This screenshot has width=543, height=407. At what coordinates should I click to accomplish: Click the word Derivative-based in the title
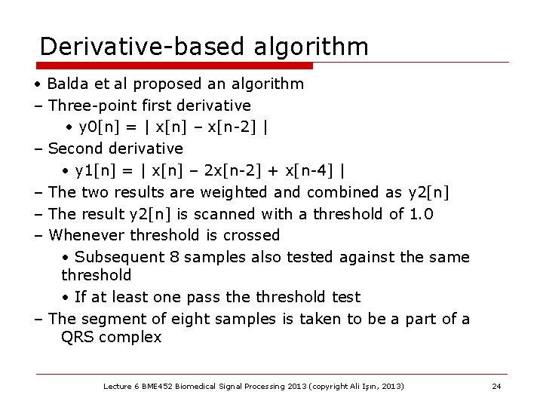click(x=140, y=47)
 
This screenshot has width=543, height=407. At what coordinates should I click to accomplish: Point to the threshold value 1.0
click(x=422, y=214)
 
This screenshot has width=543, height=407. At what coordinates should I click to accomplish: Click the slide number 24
click(x=496, y=386)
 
